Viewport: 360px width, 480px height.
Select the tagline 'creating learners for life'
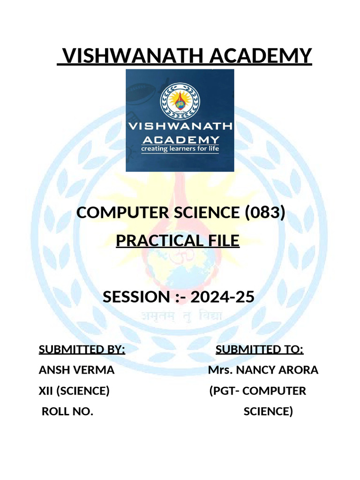click(180, 150)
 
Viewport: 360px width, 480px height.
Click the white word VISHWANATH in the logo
click(180, 126)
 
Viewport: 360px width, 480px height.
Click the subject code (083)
click(265, 213)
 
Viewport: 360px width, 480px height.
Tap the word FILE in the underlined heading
click(222, 241)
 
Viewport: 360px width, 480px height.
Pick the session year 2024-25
click(224, 297)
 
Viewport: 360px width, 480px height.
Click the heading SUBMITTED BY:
click(82, 350)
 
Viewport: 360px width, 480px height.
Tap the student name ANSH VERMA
click(76, 370)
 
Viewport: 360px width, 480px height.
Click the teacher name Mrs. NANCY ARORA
click(263, 370)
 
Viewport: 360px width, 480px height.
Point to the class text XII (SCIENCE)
click(74, 391)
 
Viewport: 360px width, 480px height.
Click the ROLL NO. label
click(67, 412)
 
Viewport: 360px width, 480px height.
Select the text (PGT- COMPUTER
click(257, 391)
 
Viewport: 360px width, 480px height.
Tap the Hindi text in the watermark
click(182, 317)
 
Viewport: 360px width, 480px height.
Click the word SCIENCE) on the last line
click(268, 412)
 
